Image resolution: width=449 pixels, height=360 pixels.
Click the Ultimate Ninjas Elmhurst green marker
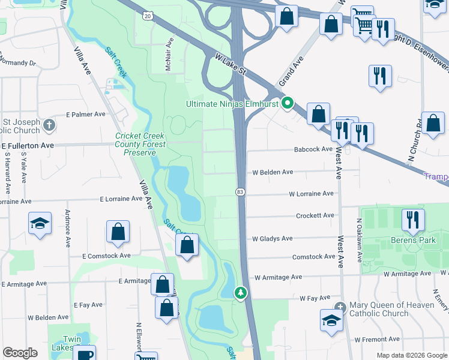point(288,104)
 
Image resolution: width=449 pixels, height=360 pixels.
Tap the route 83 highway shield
point(240,191)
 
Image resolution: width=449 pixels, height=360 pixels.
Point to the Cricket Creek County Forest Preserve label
point(140,144)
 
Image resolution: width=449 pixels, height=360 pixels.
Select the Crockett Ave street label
point(315,215)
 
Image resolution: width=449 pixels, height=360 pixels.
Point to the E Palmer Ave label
point(86,114)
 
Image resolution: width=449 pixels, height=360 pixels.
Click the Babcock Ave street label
point(313,149)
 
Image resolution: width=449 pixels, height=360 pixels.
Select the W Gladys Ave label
point(272,238)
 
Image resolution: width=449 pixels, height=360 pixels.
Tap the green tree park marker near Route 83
point(241,292)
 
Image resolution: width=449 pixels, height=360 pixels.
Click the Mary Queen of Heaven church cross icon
point(340,307)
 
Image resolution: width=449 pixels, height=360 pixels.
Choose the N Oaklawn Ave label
point(359,240)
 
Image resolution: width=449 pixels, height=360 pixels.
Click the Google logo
point(20,353)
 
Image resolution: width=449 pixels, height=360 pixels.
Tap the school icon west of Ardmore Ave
point(40,223)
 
